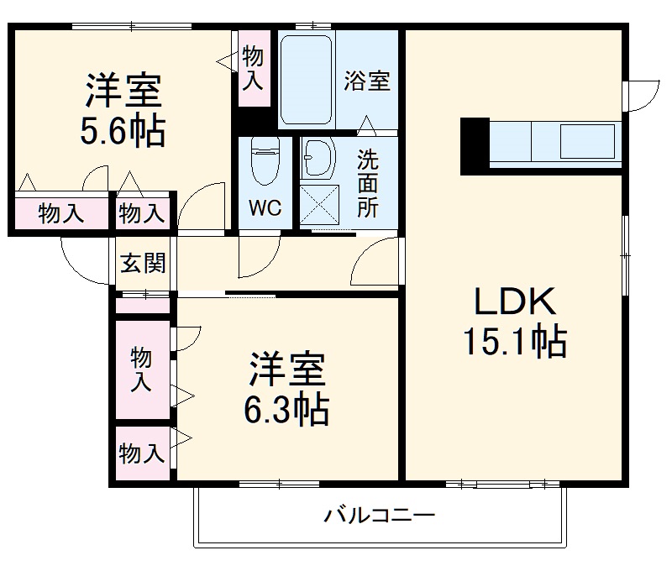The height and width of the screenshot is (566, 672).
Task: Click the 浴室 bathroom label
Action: click(x=367, y=81)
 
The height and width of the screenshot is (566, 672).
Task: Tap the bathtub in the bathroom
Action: click(x=307, y=80)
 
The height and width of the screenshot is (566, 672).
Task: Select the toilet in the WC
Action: click(x=264, y=163)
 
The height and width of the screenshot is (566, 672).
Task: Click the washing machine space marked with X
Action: click(x=318, y=204)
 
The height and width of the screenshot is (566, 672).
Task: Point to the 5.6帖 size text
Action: click(x=123, y=131)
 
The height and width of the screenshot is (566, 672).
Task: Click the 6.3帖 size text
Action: click(x=286, y=409)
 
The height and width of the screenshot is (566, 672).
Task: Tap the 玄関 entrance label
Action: click(x=143, y=263)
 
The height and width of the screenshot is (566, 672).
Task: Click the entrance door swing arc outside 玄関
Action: click(x=84, y=260)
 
